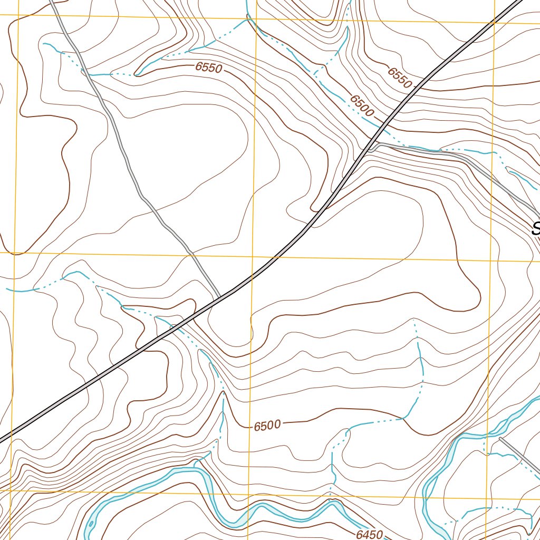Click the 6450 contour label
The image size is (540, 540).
point(369,534)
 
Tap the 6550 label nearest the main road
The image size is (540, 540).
point(399,77)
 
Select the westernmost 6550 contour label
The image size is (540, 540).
point(209,67)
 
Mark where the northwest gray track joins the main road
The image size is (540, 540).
point(218,298)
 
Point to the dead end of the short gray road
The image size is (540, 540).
point(500,439)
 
